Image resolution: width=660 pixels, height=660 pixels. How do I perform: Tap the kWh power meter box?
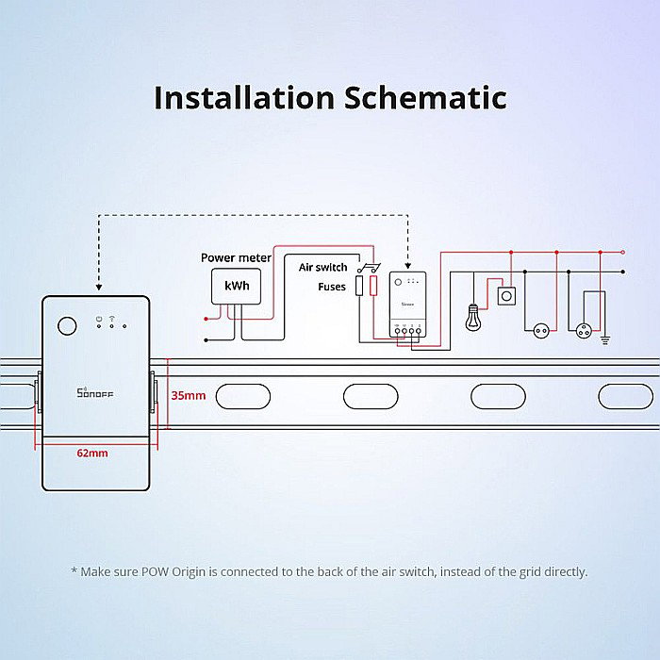pos(237,285)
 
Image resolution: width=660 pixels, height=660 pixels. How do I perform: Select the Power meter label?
pos(236,257)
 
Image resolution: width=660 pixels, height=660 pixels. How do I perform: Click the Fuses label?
pos(332,286)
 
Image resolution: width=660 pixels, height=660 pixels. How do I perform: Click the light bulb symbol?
pos(471,316)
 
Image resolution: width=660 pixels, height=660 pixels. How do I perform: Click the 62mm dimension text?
pos(92,454)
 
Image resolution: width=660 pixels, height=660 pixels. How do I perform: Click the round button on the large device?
pos(67,326)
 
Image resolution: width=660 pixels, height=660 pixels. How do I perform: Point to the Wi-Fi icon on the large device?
pos(111,318)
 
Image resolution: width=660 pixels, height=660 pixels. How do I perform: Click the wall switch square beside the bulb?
pos(507,296)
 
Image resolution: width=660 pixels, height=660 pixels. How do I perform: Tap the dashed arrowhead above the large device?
pos(97,289)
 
